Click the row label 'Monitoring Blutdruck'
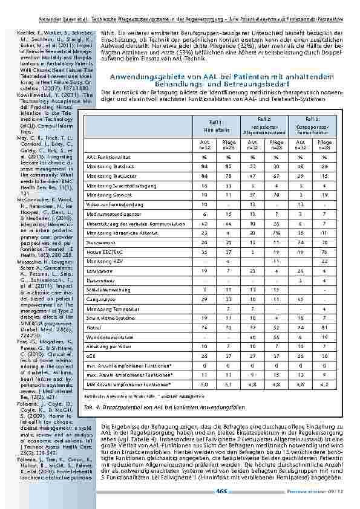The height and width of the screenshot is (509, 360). (x=105, y=165)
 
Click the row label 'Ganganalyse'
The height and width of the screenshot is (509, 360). (x=99, y=314)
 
